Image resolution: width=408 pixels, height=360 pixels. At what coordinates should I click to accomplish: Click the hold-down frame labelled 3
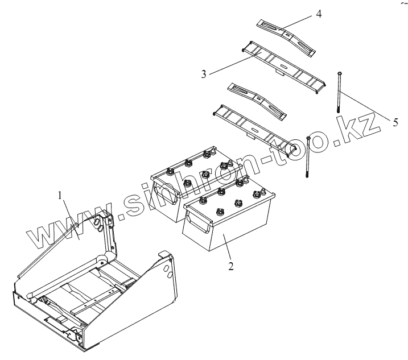pos(285,63)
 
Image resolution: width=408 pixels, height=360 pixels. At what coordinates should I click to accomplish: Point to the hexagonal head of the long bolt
pos(339,72)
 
